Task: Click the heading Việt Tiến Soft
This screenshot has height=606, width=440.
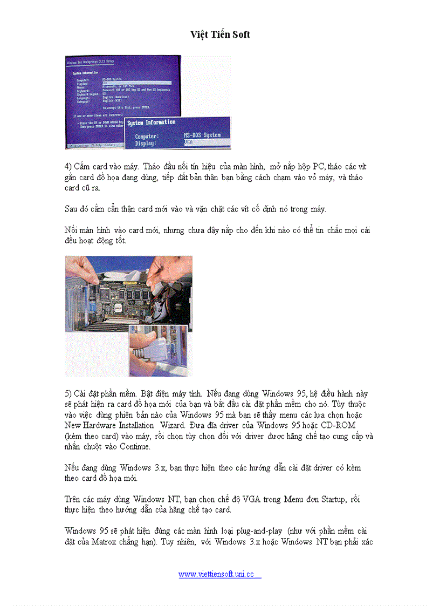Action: [x=220, y=35]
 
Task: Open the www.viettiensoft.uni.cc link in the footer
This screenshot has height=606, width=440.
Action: [x=216, y=574]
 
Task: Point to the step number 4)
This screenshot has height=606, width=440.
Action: [x=68, y=167]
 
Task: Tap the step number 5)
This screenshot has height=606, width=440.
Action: [x=68, y=394]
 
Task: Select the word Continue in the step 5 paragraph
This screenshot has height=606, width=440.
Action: [x=136, y=447]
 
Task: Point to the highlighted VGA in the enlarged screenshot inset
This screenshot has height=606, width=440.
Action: [x=189, y=143]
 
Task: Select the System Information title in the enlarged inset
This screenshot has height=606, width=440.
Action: [x=152, y=123]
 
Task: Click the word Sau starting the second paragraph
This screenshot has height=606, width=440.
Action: [x=71, y=209]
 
